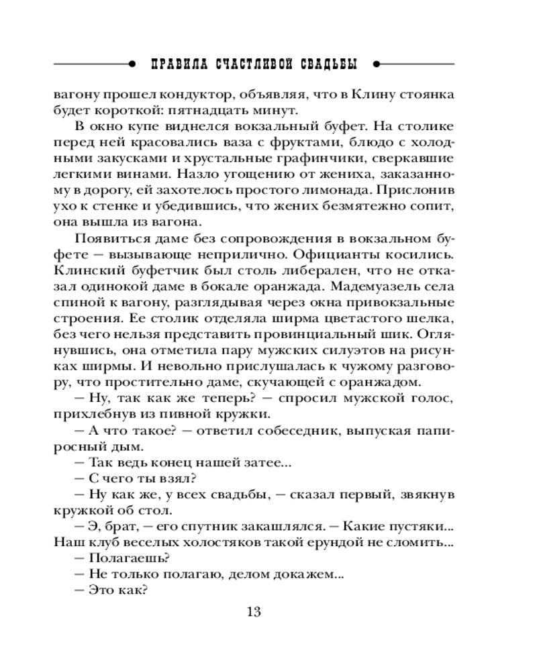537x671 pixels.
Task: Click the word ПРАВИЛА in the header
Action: tap(177, 64)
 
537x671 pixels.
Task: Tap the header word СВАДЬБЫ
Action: tap(326, 64)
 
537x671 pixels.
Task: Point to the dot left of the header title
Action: tap(133, 64)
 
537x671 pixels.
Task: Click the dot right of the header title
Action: tap(375, 64)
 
